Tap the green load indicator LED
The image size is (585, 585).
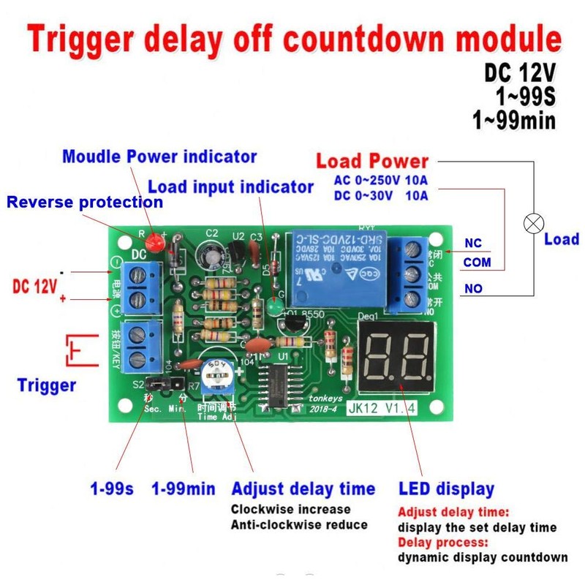point(275,308)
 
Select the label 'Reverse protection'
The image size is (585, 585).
point(85,201)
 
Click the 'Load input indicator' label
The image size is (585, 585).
point(230,186)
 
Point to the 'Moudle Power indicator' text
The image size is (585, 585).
point(159,156)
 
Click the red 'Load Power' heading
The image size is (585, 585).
point(372,161)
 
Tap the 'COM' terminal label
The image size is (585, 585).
point(478,263)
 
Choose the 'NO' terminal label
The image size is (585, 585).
point(473,289)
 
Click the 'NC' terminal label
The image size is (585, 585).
point(473,244)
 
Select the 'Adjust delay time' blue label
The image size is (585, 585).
point(303,488)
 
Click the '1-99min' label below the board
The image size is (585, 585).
point(184,488)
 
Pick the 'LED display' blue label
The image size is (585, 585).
point(446,488)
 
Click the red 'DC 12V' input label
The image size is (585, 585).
point(34,286)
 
